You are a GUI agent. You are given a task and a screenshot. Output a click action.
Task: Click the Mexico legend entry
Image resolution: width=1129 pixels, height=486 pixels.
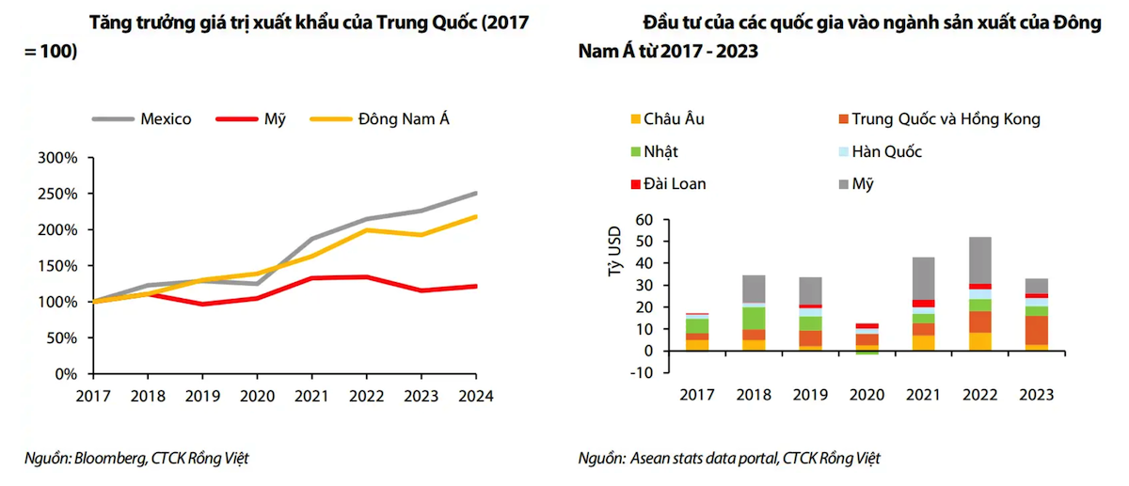166,119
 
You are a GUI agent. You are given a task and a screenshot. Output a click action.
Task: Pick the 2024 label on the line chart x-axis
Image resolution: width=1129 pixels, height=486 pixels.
476,396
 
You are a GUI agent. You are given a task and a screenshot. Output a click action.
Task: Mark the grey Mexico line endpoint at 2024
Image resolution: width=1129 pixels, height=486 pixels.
476,193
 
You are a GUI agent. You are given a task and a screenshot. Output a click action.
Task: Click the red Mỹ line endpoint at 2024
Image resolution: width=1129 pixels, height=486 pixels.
476,286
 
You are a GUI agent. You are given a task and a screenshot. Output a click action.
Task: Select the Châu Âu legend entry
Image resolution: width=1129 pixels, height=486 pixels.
674,119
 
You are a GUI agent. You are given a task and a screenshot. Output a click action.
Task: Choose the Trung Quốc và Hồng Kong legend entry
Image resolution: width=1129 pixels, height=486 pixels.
946,119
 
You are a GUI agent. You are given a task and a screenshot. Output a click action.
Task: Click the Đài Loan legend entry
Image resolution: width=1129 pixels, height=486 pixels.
675,183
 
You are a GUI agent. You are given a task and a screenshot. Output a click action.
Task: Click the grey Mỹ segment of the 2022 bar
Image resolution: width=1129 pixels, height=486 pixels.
979,259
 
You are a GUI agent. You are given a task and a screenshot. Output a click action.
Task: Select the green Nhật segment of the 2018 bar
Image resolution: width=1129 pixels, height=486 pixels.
754,319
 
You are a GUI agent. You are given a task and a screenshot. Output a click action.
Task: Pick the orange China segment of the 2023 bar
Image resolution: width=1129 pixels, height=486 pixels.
1036,330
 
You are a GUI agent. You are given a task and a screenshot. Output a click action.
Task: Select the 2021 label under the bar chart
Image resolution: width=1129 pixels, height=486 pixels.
923,396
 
